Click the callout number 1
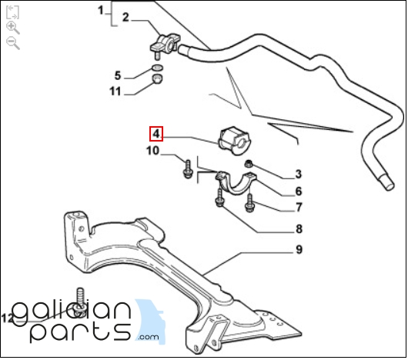click(x=101, y=11)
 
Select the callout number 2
click(x=125, y=18)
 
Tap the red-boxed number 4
click(x=156, y=134)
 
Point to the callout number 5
click(x=118, y=75)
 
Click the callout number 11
click(x=115, y=92)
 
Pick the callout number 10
click(x=152, y=151)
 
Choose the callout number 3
click(x=299, y=174)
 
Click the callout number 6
click(x=299, y=192)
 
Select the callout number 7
click(x=299, y=208)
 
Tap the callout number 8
click(x=299, y=229)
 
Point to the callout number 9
click(x=299, y=249)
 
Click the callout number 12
click(x=7, y=318)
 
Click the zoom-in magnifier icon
click(x=13, y=28)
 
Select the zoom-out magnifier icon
click(x=13, y=43)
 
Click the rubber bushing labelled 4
click(x=234, y=141)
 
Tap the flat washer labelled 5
click(x=157, y=68)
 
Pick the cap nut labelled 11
click(x=157, y=79)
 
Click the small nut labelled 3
click(x=248, y=164)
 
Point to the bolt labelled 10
click(x=187, y=169)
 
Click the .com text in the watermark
click(x=149, y=337)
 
